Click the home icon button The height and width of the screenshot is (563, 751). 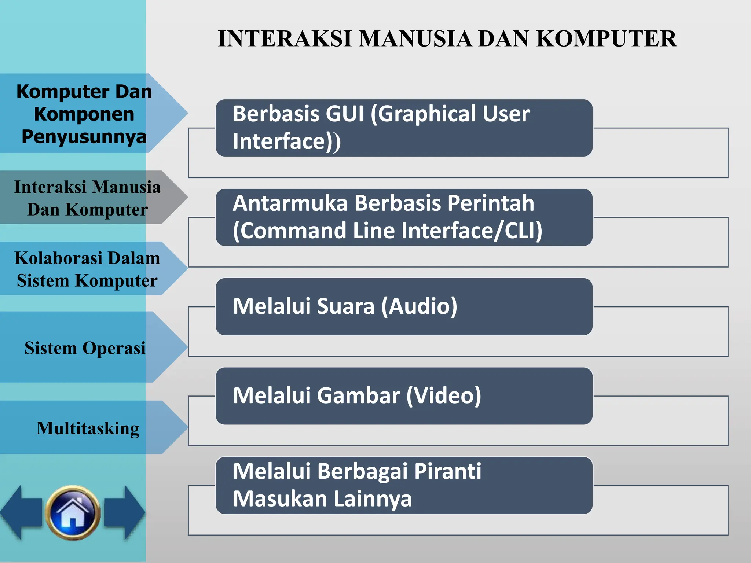(x=73, y=512)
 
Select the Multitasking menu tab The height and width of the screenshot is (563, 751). (x=88, y=428)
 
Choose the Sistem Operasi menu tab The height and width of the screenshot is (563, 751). (x=85, y=347)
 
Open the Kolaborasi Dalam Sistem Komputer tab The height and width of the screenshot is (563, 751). (x=87, y=269)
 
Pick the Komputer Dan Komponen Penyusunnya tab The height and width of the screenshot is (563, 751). (x=84, y=114)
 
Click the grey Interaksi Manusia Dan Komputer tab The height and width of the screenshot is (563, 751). (x=87, y=198)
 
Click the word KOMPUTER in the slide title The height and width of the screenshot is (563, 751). (x=607, y=38)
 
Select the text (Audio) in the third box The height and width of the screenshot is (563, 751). (x=419, y=306)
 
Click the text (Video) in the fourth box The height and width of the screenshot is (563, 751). (x=444, y=395)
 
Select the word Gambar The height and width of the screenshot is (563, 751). (x=358, y=395)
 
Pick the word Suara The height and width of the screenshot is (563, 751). (x=345, y=306)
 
